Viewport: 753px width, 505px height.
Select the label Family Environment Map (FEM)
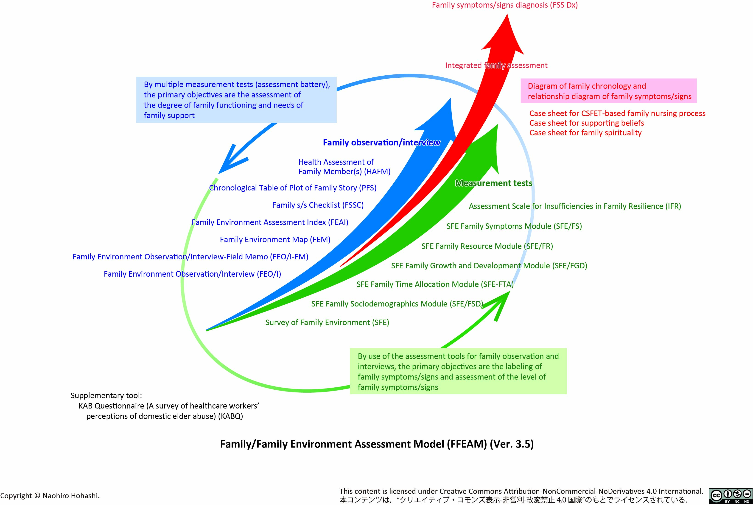(275, 240)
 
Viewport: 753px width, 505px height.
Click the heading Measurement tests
(494, 183)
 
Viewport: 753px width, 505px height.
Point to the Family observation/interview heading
(381, 143)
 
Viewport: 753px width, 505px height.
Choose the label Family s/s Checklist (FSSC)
(318, 205)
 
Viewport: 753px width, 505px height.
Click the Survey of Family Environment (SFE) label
(327, 322)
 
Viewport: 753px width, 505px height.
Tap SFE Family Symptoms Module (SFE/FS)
(514, 226)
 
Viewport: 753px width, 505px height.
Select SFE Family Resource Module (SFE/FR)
(487, 246)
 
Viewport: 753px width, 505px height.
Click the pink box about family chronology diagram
(609, 91)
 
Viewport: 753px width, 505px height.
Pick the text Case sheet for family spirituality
(585, 133)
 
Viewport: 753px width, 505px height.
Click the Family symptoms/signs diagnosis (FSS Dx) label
(505, 5)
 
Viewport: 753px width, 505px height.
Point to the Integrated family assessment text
(496, 65)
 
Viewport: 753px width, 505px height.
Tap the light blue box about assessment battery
(236, 100)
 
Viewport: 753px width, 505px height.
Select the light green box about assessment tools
(458, 371)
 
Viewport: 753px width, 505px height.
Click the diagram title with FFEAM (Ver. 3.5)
(377, 444)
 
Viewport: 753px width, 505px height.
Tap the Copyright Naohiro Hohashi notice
(50, 496)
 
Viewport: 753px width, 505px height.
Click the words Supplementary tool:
(106, 395)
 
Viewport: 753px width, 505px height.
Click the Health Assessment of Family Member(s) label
(344, 167)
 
